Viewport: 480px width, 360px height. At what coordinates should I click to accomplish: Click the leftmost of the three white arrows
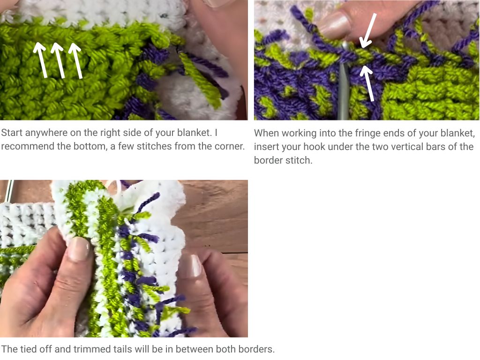tap(41, 60)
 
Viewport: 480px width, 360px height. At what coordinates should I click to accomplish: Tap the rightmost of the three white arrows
tap(76, 60)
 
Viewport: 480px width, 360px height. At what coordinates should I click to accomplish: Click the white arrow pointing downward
tap(367, 30)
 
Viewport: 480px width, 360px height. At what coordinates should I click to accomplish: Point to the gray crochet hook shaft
tap(345, 94)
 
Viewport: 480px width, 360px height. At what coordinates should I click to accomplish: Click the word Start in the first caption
tap(11, 133)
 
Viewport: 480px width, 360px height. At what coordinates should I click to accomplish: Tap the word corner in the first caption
tap(231, 146)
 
